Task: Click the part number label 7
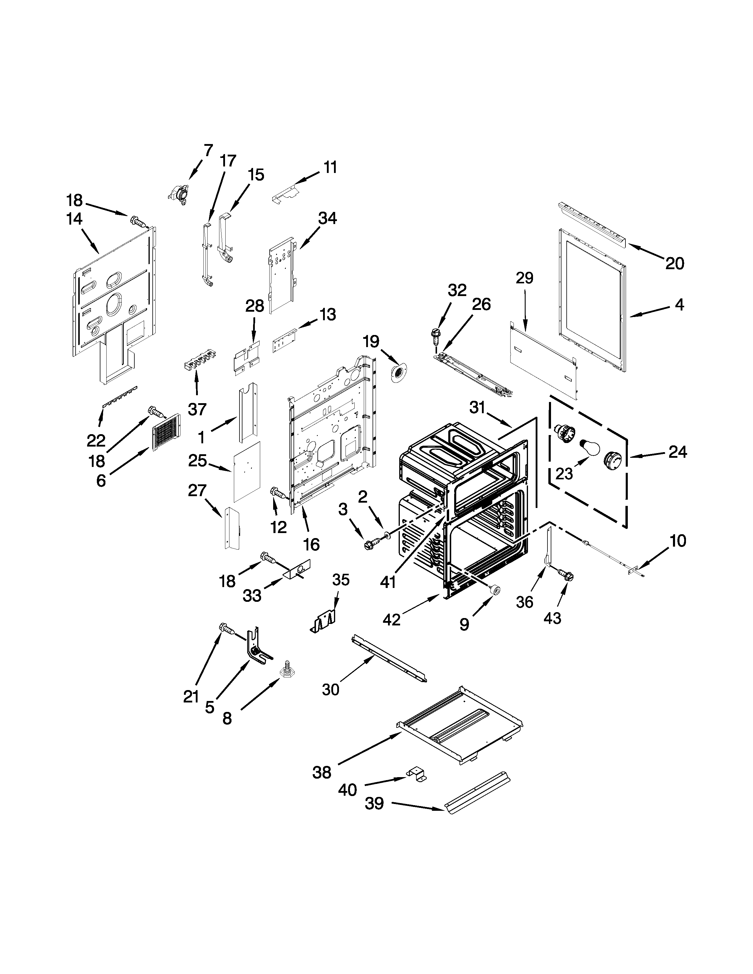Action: tap(208, 150)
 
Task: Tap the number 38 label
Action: tap(322, 772)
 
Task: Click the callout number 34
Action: tap(327, 218)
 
